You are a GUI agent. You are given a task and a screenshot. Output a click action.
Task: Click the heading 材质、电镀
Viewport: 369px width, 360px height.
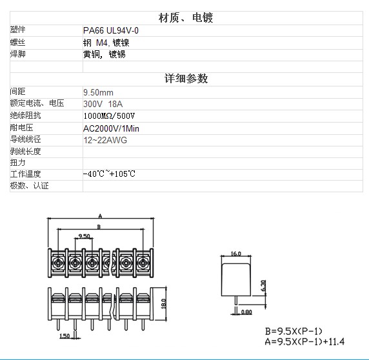(186, 18)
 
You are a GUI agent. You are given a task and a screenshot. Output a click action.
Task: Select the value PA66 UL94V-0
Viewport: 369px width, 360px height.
(111, 30)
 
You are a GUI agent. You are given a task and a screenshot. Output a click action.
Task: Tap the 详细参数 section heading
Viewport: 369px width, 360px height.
(186, 78)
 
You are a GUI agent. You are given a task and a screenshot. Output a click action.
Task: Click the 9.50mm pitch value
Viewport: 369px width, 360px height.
(98, 92)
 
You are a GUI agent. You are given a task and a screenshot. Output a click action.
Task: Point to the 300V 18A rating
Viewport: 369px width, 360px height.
(103, 104)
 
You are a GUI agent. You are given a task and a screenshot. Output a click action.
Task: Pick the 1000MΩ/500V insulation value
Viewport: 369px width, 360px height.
(109, 115)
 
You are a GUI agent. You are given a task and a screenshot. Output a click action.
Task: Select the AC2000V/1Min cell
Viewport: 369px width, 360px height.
(112, 128)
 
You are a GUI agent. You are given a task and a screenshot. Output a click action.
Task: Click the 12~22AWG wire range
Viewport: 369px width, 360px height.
(105, 140)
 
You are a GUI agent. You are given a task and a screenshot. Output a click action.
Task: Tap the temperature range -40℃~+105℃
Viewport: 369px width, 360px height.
(109, 174)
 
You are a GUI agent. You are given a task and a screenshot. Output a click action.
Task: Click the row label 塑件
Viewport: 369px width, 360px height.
(17, 30)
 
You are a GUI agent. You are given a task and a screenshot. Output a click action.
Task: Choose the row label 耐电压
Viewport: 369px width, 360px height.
(21, 128)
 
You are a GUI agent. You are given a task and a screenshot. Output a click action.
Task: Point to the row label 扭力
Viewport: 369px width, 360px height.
(17, 163)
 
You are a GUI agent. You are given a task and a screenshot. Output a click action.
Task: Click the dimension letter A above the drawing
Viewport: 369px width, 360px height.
(100, 216)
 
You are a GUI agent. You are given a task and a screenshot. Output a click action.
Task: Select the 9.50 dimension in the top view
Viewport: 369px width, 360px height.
(84, 235)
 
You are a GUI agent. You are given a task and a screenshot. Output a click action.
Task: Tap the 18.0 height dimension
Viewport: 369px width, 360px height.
(164, 304)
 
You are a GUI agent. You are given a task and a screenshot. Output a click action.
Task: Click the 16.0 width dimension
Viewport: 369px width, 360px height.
(236, 254)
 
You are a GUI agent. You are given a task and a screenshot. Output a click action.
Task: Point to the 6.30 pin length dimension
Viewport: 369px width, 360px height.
(263, 285)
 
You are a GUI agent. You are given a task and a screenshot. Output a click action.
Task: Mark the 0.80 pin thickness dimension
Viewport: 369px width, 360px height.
(246, 312)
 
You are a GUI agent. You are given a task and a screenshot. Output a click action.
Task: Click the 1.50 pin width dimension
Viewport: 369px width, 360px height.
(65, 335)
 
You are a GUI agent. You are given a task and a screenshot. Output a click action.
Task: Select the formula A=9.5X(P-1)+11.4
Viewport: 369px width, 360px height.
(304, 341)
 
